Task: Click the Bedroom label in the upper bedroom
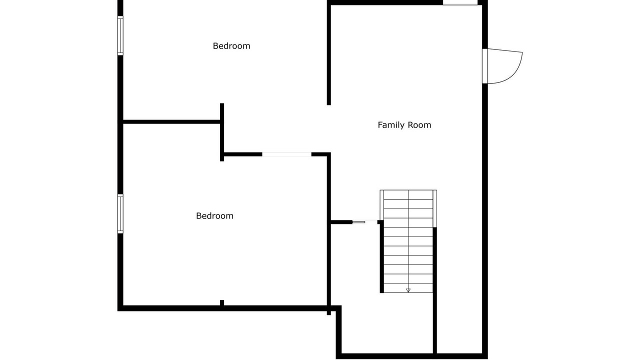pyautogui.click(x=231, y=46)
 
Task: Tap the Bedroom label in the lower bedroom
pyautogui.click(x=214, y=215)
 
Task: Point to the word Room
pyautogui.click(x=419, y=125)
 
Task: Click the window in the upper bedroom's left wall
pyautogui.click(x=120, y=35)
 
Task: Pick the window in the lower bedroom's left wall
pyautogui.click(x=120, y=213)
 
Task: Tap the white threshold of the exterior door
pyautogui.click(x=485, y=66)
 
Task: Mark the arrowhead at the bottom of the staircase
pyautogui.click(x=408, y=290)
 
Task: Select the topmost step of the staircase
pyautogui.click(x=408, y=194)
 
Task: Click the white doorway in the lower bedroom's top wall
pyautogui.click(x=286, y=154)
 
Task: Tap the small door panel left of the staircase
pyautogui.click(x=359, y=222)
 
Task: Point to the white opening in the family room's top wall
pyautogui.click(x=460, y=2)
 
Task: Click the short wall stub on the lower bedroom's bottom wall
pyautogui.click(x=222, y=303)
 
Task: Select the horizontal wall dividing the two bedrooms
pyautogui.click(x=171, y=122)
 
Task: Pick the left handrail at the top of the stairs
pyautogui.click(x=381, y=205)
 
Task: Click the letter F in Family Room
pyautogui.click(x=380, y=125)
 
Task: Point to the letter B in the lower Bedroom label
pyautogui.click(x=198, y=215)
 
